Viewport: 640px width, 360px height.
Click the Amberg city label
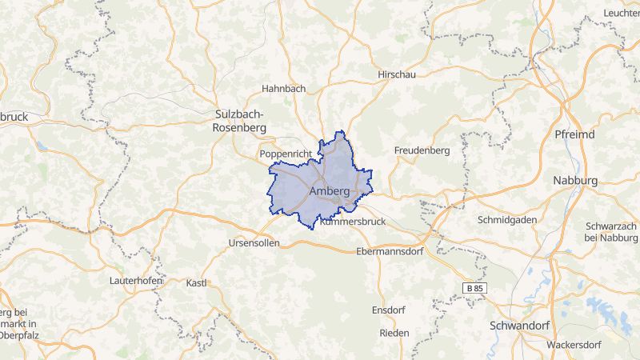pos(329,193)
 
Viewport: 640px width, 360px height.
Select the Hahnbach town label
pos(283,89)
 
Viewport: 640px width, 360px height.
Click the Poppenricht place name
pos(284,153)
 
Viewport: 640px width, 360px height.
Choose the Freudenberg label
pos(422,150)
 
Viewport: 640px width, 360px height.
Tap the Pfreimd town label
pos(574,134)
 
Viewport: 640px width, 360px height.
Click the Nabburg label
pos(575,181)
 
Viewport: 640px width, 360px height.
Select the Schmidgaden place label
pos(510,219)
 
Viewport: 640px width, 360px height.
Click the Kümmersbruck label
pos(353,221)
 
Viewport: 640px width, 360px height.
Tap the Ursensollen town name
pos(254,242)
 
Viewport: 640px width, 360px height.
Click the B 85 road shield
pos(475,287)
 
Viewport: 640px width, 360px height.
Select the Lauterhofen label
pos(136,281)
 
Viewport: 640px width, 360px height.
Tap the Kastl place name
pos(197,283)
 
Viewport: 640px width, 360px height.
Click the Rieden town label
pos(394,333)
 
